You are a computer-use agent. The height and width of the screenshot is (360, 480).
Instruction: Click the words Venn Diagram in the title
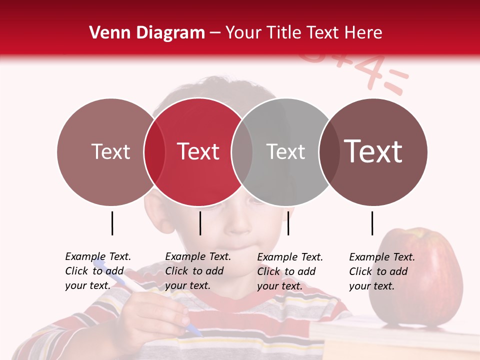pos(147,33)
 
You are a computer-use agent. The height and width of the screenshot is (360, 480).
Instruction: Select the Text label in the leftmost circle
pos(110,151)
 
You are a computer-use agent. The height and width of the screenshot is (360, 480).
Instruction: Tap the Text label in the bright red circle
pos(198,151)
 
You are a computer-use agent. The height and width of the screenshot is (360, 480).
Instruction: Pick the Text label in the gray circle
pos(285,151)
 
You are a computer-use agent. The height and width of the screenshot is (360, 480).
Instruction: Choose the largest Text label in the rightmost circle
pos(373,151)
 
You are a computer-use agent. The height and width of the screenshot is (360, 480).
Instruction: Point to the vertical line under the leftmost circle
pos(112,223)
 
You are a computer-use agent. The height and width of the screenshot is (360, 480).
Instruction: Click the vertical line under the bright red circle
pos(200,223)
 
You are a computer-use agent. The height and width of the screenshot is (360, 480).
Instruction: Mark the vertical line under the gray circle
pos(288,223)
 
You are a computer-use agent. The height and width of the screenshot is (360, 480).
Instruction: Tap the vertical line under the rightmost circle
pos(372,223)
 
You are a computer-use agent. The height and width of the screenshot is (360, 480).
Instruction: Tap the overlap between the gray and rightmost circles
pos(328,151)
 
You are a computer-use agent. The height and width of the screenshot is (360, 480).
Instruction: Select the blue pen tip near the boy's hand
pos(195,330)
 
